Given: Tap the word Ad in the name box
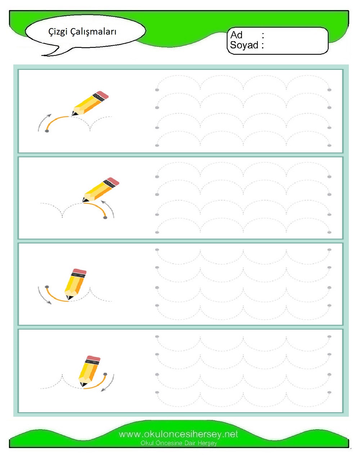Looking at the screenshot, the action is point(236,35).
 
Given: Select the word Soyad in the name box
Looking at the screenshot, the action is point(244,45).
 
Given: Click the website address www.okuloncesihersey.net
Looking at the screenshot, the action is point(178,434).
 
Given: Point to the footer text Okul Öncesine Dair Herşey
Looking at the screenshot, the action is point(179,443).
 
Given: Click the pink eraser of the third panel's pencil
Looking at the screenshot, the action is point(79,271).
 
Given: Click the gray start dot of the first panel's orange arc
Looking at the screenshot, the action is point(47,131).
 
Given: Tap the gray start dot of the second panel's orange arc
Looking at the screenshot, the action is point(105,218).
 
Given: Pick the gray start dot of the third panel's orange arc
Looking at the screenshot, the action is point(47,287).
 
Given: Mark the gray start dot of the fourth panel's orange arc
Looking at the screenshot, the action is point(105,374).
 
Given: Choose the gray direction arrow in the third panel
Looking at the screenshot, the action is point(41,297).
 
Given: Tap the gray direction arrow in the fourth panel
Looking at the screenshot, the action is point(110,384).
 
